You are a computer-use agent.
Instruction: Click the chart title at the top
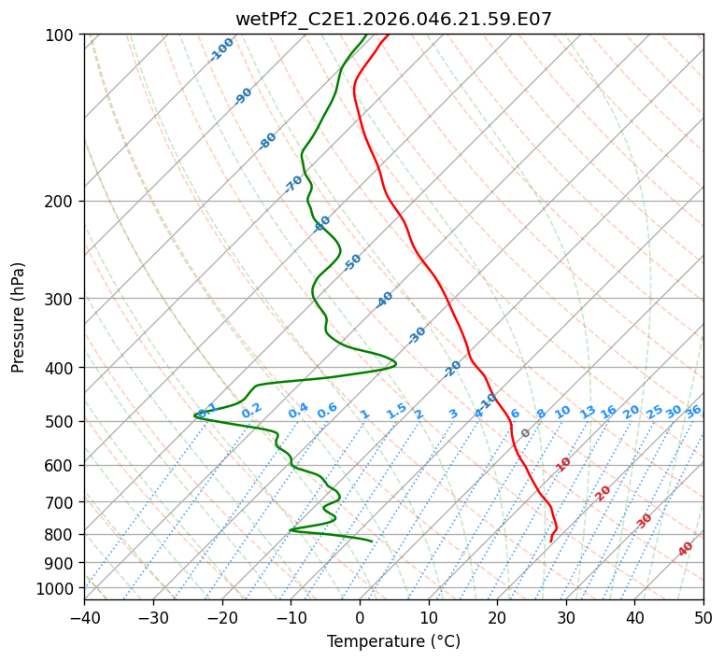click(x=393, y=19)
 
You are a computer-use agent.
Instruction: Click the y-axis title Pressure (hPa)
click(x=19, y=316)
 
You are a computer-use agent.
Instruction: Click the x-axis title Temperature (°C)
click(x=393, y=641)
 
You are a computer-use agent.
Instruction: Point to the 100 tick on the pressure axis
click(x=60, y=35)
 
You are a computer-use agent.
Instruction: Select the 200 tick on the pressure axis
click(x=60, y=201)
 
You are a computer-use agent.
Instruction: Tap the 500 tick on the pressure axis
click(x=60, y=421)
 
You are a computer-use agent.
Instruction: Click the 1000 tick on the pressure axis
click(x=56, y=588)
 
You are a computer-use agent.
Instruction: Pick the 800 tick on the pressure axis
click(x=60, y=534)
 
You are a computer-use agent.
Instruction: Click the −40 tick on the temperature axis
click(x=84, y=617)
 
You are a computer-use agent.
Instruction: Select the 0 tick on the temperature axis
click(x=360, y=617)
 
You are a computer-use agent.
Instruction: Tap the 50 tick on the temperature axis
click(x=703, y=617)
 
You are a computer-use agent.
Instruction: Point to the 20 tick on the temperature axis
click(x=497, y=617)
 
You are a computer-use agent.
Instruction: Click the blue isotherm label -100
click(x=221, y=49)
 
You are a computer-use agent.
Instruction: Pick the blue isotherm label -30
click(x=417, y=334)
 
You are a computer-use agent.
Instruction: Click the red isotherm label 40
click(x=686, y=549)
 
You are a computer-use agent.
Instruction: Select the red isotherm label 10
click(x=563, y=464)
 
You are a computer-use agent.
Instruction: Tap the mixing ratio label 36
click(x=693, y=411)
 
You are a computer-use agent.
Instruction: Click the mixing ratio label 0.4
click(x=298, y=411)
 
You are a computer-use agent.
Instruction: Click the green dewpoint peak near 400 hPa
click(x=395, y=363)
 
